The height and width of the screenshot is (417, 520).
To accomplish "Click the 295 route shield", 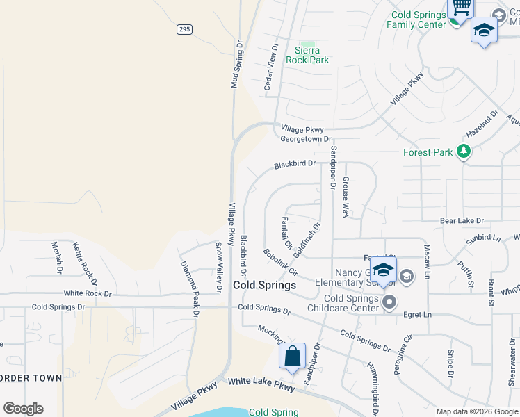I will tap(184, 29).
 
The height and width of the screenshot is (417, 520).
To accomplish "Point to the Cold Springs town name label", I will tap(264, 285).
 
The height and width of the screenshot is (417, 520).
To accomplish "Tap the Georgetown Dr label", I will tap(306, 139).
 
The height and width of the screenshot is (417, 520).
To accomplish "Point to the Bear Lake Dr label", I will tap(462, 220).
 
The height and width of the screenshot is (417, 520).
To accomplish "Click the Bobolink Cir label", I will tap(280, 261).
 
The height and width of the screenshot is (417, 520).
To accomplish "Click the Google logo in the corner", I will tap(23, 408).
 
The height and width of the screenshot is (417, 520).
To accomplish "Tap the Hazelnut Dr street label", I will tap(482, 123).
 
